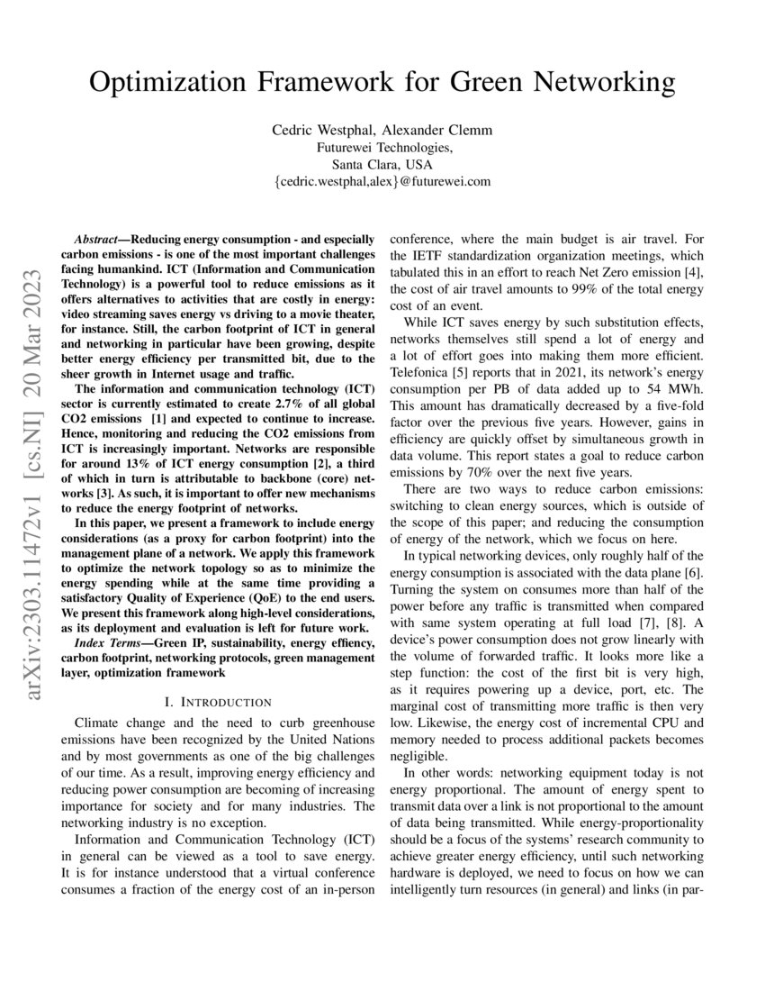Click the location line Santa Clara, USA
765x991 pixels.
click(x=382, y=165)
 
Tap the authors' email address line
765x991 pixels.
click(x=382, y=181)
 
